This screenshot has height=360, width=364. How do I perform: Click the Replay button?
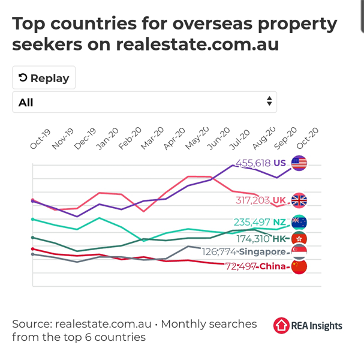pyautogui.click(x=44, y=77)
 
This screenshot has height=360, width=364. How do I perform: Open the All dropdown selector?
pyautogui.click(x=145, y=102)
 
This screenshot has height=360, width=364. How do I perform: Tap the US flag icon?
pyautogui.click(x=299, y=163)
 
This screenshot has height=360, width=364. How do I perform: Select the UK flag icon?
pyautogui.click(x=299, y=200)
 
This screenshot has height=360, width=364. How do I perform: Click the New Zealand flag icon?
pyautogui.click(x=299, y=222)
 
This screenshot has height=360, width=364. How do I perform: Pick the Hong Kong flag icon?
pyautogui.click(x=299, y=239)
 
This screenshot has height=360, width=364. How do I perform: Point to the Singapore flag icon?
pyautogui.click(x=299, y=252)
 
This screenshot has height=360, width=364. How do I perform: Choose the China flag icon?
pyautogui.click(x=299, y=266)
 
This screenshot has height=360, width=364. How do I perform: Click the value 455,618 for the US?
pyautogui.click(x=253, y=163)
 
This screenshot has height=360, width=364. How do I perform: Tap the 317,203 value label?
pyautogui.click(x=253, y=200)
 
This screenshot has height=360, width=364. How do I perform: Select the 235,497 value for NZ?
pyautogui.click(x=252, y=222)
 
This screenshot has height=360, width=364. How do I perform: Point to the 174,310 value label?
pyautogui.click(x=253, y=239)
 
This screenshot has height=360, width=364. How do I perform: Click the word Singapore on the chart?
pyautogui.click(x=262, y=252)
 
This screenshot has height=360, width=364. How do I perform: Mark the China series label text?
pyautogui.click(x=272, y=266)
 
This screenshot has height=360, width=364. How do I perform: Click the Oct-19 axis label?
pyautogui.click(x=40, y=139)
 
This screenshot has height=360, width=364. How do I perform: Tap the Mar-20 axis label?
pyautogui.click(x=152, y=138)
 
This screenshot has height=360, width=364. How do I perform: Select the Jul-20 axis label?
pyautogui.click(x=239, y=139)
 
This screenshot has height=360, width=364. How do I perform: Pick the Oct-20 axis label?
pyautogui.click(x=308, y=138)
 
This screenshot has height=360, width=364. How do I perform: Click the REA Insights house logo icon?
pyautogui.click(x=281, y=325)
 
